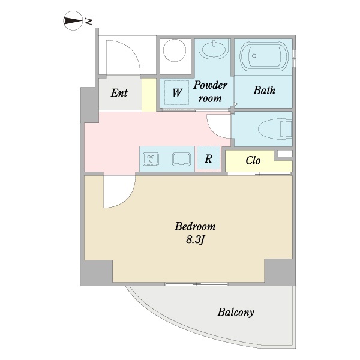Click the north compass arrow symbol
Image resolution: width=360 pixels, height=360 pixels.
[x=73, y=20]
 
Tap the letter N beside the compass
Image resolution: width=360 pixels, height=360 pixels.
[x=88, y=22]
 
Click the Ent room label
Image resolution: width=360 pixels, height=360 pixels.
[x=119, y=93]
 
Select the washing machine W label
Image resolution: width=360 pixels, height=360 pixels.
[x=177, y=93]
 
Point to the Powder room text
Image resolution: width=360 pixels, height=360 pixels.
[x=210, y=92]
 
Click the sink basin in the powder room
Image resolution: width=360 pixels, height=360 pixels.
[x=214, y=49]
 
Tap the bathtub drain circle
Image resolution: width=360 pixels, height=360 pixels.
[x=254, y=56]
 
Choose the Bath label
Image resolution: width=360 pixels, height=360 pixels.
[x=264, y=90]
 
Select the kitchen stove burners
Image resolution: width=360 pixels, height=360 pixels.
[x=151, y=159]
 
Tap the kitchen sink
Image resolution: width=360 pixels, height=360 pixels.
[x=181, y=159]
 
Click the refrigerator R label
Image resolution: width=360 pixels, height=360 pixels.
[x=208, y=158]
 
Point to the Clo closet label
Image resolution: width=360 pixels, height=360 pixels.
[x=253, y=160]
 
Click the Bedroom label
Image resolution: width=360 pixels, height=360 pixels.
[x=195, y=226]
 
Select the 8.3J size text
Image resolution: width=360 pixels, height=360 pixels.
[x=195, y=240]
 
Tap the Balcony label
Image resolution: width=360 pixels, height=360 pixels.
[x=236, y=312]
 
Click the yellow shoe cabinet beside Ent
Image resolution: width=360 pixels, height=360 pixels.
[x=149, y=95]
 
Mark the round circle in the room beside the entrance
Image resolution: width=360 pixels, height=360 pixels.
[x=175, y=50]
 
